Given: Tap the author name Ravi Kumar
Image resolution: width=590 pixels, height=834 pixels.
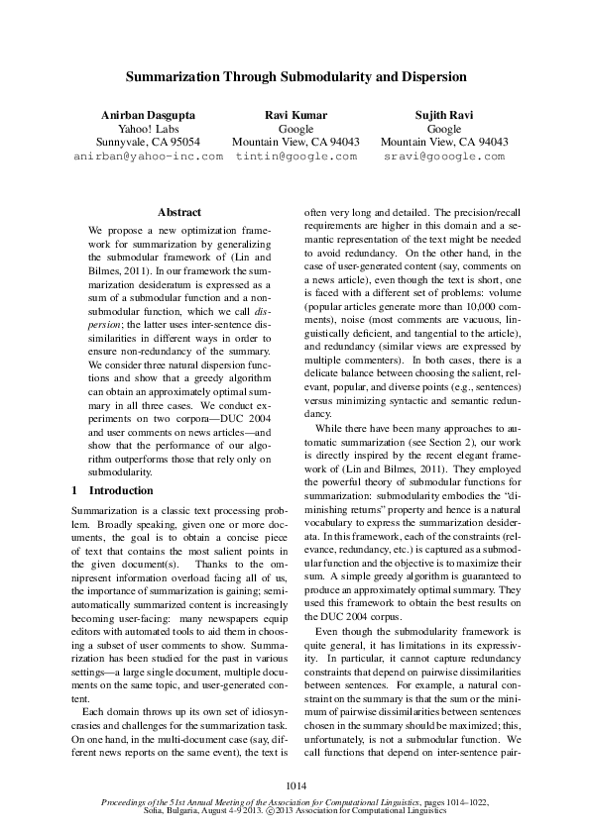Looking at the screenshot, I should click(x=295, y=115).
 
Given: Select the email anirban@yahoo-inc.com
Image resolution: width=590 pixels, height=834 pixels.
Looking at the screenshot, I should click(x=148, y=156).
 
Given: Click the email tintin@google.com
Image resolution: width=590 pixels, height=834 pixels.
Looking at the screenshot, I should click(x=295, y=156).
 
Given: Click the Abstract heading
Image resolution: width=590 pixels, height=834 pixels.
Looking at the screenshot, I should click(x=179, y=212).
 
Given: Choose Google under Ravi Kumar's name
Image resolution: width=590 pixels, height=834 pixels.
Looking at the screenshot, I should click(x=295, y=129).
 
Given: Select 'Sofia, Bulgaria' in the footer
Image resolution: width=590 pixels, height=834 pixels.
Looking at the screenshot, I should click(x=171, y=810).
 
